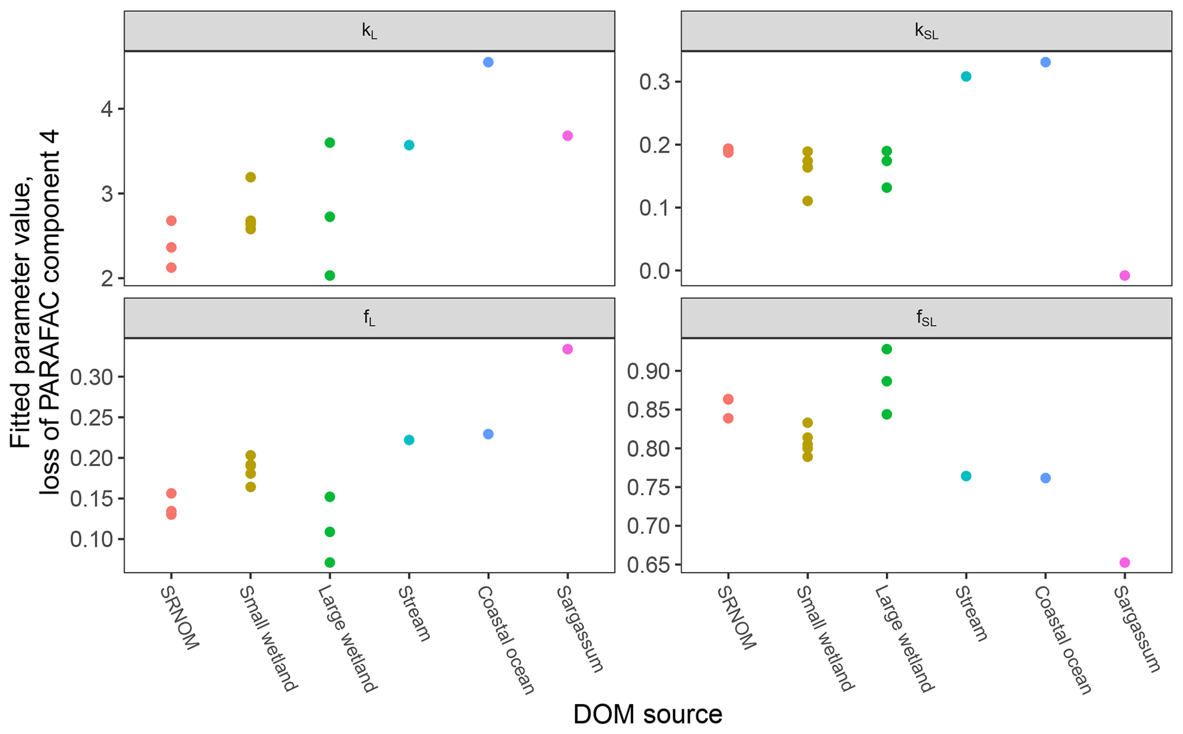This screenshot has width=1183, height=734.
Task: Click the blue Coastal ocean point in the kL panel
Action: point(488,62)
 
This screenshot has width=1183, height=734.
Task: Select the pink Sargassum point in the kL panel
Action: point(567,136)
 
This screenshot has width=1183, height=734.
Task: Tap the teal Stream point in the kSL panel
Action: point(966,77)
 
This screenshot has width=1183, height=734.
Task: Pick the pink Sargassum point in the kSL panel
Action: point(1125,275)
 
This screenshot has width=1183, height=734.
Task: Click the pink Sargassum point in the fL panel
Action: point(567,349)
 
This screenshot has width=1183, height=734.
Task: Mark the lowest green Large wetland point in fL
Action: point(330,562)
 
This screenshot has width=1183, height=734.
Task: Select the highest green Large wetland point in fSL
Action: point(887,349)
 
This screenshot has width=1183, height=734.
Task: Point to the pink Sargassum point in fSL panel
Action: point(1125,562)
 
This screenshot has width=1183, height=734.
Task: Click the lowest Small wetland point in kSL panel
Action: point(808,201)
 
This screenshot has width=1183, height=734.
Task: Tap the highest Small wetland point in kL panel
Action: point(251,177)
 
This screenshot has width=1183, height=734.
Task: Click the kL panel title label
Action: point(369,31)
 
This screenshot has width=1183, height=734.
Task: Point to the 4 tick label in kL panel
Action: point(106,109)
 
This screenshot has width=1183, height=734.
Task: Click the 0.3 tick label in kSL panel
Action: point(654,82)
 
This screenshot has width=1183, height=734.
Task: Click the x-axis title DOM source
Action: point(647,714)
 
